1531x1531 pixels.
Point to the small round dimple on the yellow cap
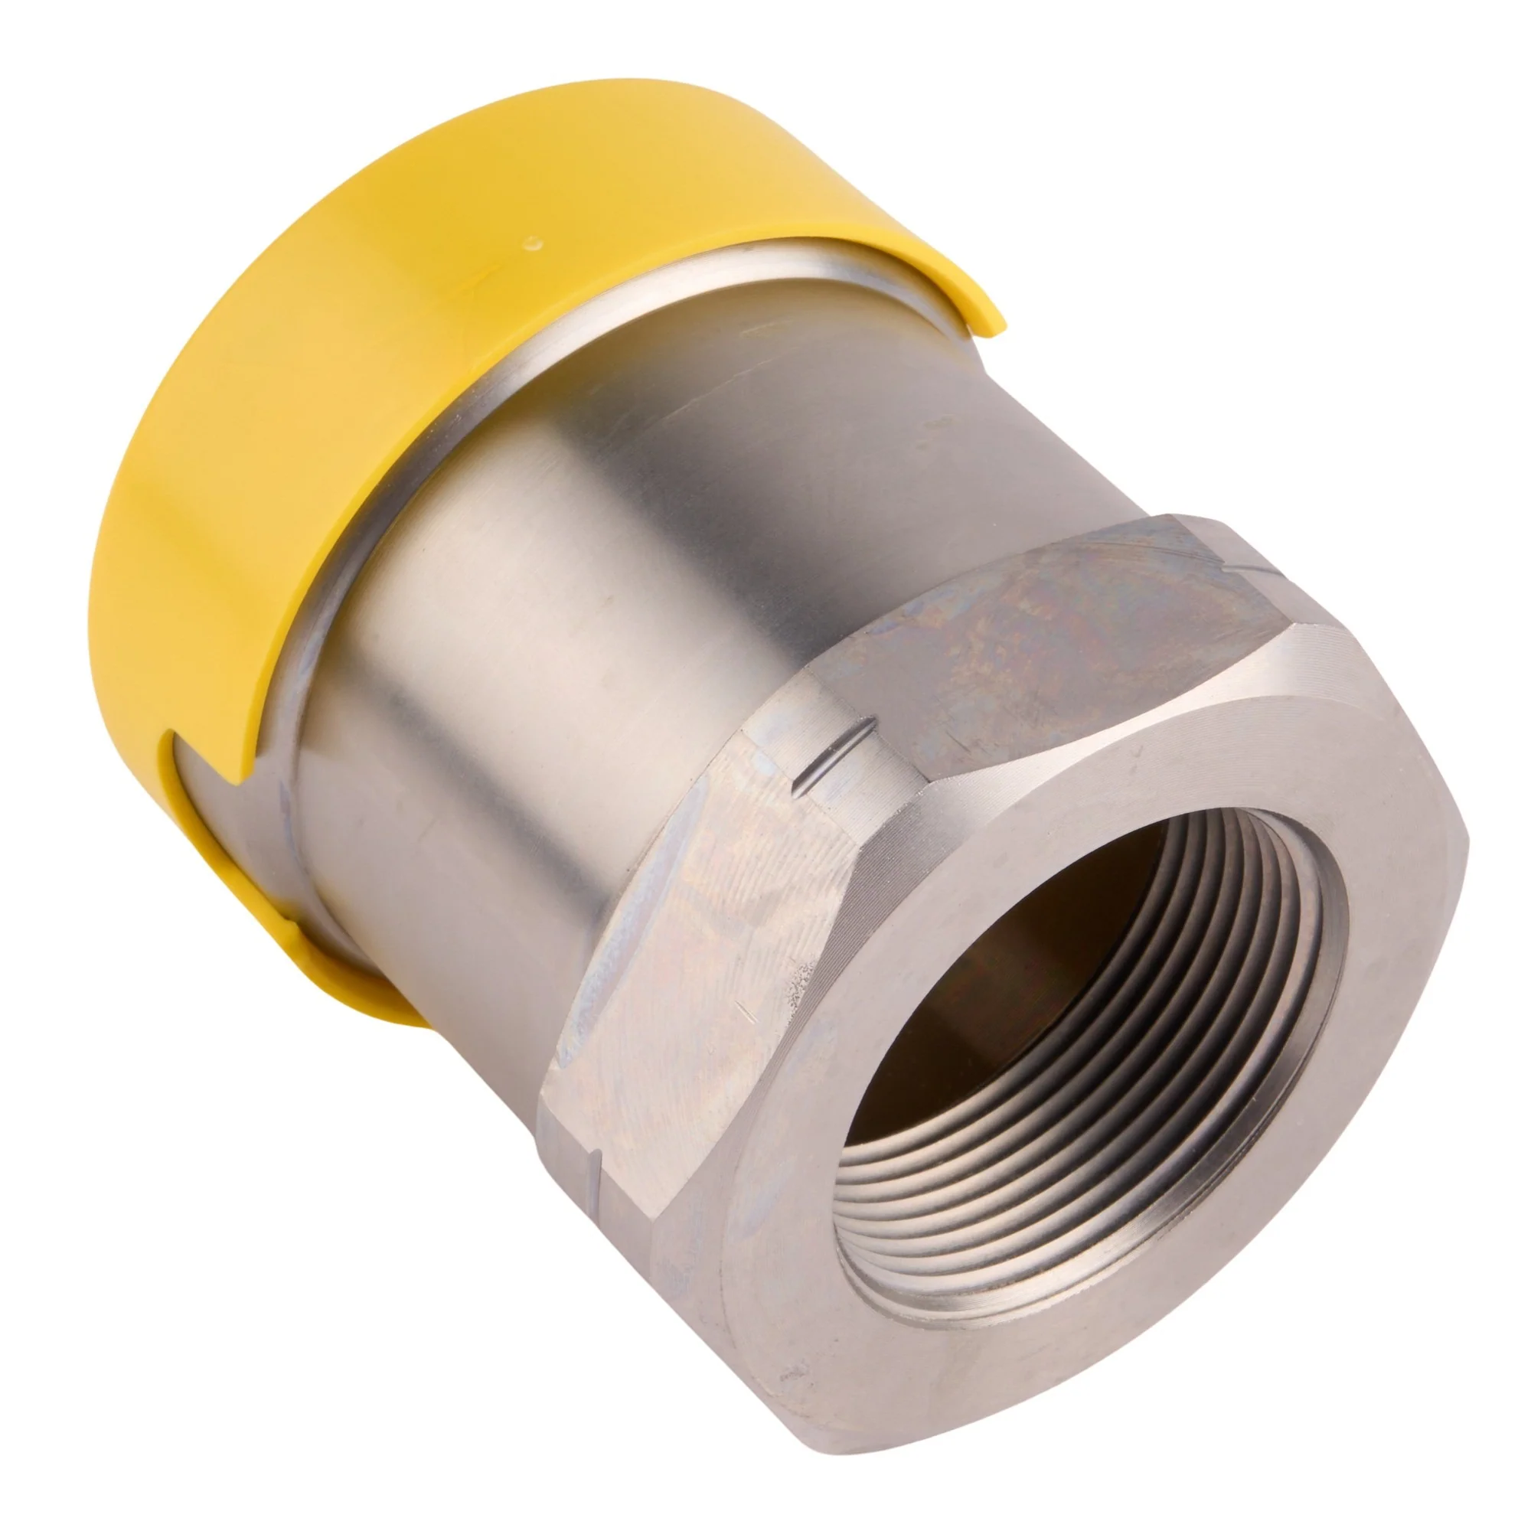click(537, 237)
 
